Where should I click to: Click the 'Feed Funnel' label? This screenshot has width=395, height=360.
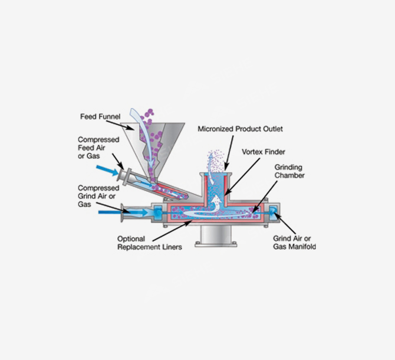tap(100, 116)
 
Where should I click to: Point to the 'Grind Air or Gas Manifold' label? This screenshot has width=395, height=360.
tap(294, 243)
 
